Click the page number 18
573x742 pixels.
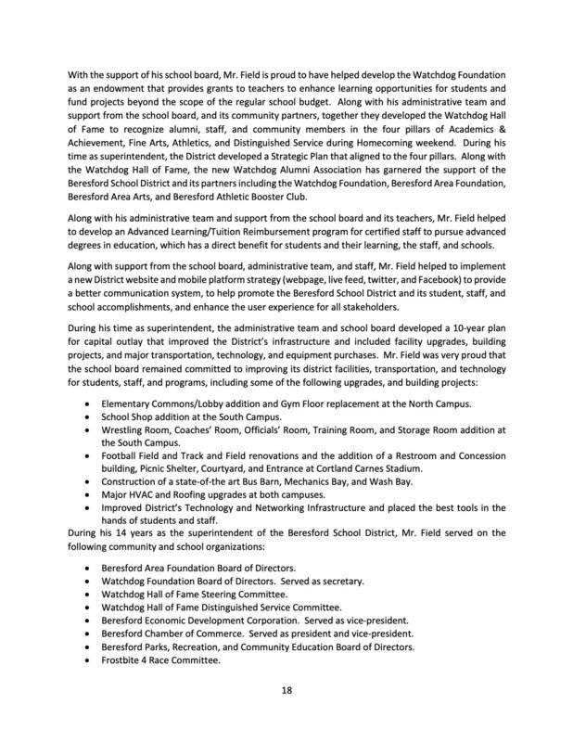(286, 689)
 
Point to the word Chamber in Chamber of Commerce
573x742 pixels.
(163, 632)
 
